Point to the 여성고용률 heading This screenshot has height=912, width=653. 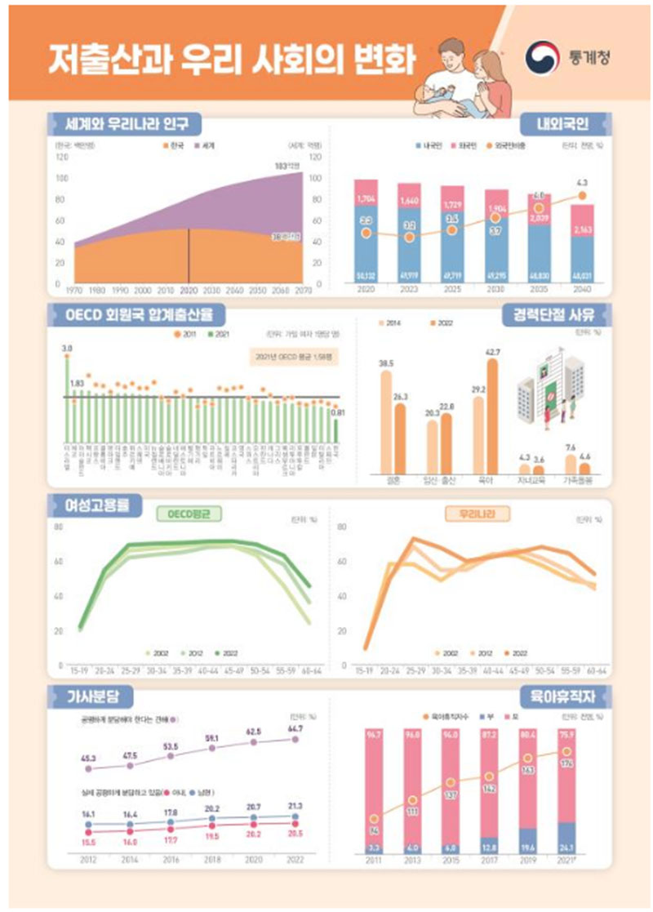pos(86,505)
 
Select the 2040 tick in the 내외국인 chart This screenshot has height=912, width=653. pos(583,290)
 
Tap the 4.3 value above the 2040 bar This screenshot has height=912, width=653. pos(582,181)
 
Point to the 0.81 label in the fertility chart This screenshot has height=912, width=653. pos(335,412)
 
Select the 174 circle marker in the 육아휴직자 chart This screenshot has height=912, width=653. pos(567,752)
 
